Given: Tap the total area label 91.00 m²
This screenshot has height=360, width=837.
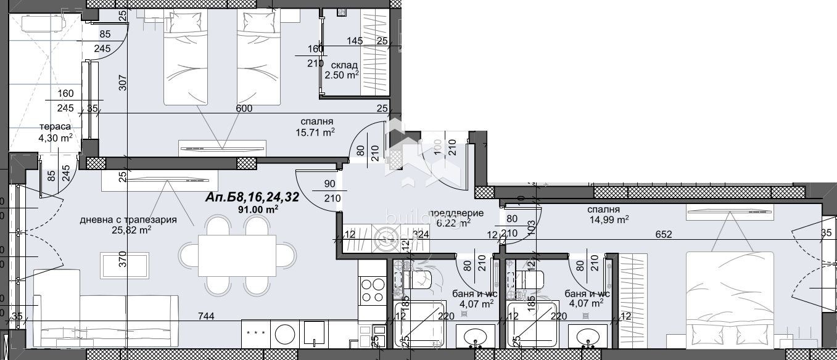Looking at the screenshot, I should pos(260,210).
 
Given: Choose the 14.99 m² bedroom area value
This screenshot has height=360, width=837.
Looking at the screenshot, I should pos(608,219).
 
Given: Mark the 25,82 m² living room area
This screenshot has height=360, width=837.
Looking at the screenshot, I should pos(131,231).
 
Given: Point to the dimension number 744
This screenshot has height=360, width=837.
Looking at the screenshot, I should pos(206,316).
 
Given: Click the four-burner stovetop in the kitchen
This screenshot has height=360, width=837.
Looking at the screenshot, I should pos(373,290).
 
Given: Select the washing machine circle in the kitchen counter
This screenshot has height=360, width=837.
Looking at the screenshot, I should pos(284,335).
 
